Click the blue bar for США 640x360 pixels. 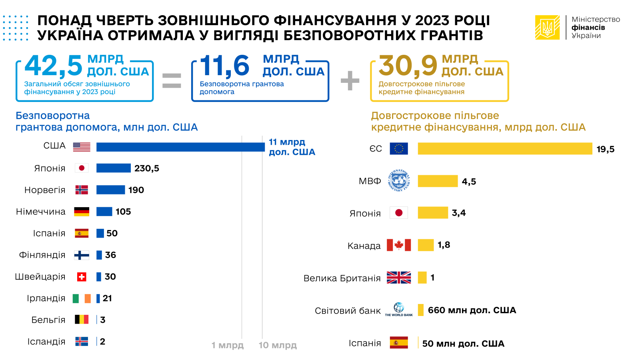click(180, 147)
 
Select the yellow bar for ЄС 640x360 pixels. click(505, 149)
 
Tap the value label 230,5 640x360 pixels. click(146, 168)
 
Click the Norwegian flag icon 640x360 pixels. click(82, 190)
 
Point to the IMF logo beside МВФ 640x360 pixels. click(399, 180)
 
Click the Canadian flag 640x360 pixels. click(399, 245)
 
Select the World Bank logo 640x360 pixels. click(399, 310)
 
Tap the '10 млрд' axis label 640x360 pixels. click(278, 345)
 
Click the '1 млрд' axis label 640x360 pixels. click(227, 345)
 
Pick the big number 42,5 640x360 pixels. click(54, 66)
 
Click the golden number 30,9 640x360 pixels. click(408, 66)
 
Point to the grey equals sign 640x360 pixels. click(172, 80)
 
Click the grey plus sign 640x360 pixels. click(350, 80)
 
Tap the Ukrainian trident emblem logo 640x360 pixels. click(547, 28)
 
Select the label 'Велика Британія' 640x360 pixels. click(342, 278)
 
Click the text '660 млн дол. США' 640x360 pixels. click(472, 310)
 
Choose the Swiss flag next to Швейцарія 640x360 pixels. click(82, 277)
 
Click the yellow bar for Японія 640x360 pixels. click(433, 213)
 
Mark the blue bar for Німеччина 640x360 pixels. click(104, 212)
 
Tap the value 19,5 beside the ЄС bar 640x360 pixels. click(605, 150)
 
